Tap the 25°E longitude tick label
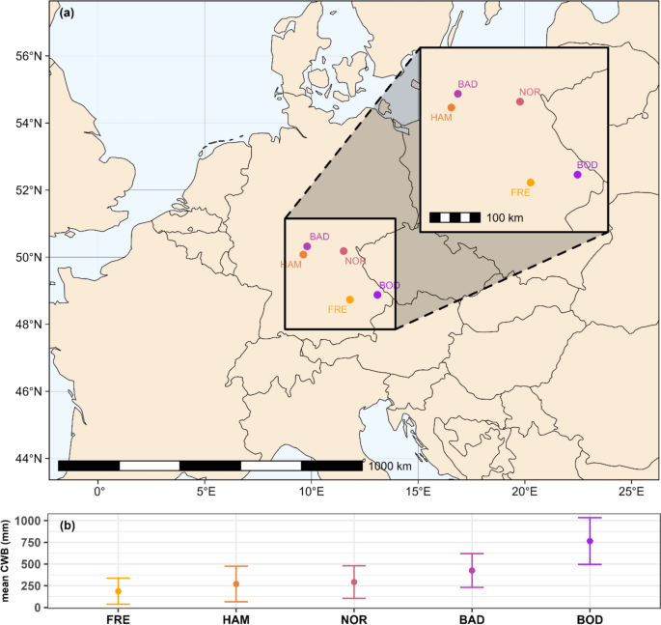coord(630,492)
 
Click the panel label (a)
coord(67,14)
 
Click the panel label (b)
coord(68,526)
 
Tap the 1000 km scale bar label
coord(390,466)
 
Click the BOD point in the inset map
coord(577,175)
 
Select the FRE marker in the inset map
coord(531,183)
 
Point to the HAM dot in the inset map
coord(451,107)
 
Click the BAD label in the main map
coord(319,237)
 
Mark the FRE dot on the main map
coord(350,299)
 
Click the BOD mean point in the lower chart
coord(590,541)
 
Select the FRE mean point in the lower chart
coord(119,591)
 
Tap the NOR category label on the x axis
coord(354,618)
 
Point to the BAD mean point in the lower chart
coord(472,571)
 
